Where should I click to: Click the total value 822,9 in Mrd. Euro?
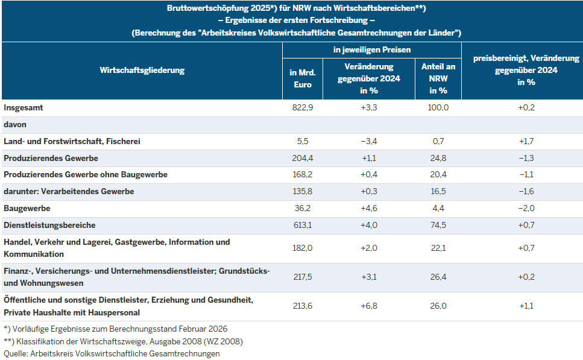303,107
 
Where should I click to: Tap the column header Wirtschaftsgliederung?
142,70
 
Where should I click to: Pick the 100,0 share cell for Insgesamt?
438,107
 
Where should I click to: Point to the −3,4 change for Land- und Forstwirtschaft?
369,141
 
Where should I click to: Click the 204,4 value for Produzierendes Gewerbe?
303,158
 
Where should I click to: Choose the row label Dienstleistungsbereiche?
49,225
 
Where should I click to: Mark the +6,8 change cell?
369,306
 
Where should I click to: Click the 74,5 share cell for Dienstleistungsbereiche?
438,225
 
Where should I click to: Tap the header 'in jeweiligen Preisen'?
371,49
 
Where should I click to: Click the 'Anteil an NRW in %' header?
438,78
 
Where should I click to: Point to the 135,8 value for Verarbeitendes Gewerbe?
303,191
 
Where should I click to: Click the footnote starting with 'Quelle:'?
112,353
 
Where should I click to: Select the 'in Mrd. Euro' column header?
302,78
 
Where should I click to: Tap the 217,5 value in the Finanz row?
303,277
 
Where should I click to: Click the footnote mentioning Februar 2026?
115,329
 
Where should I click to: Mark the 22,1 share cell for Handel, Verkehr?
438,248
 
